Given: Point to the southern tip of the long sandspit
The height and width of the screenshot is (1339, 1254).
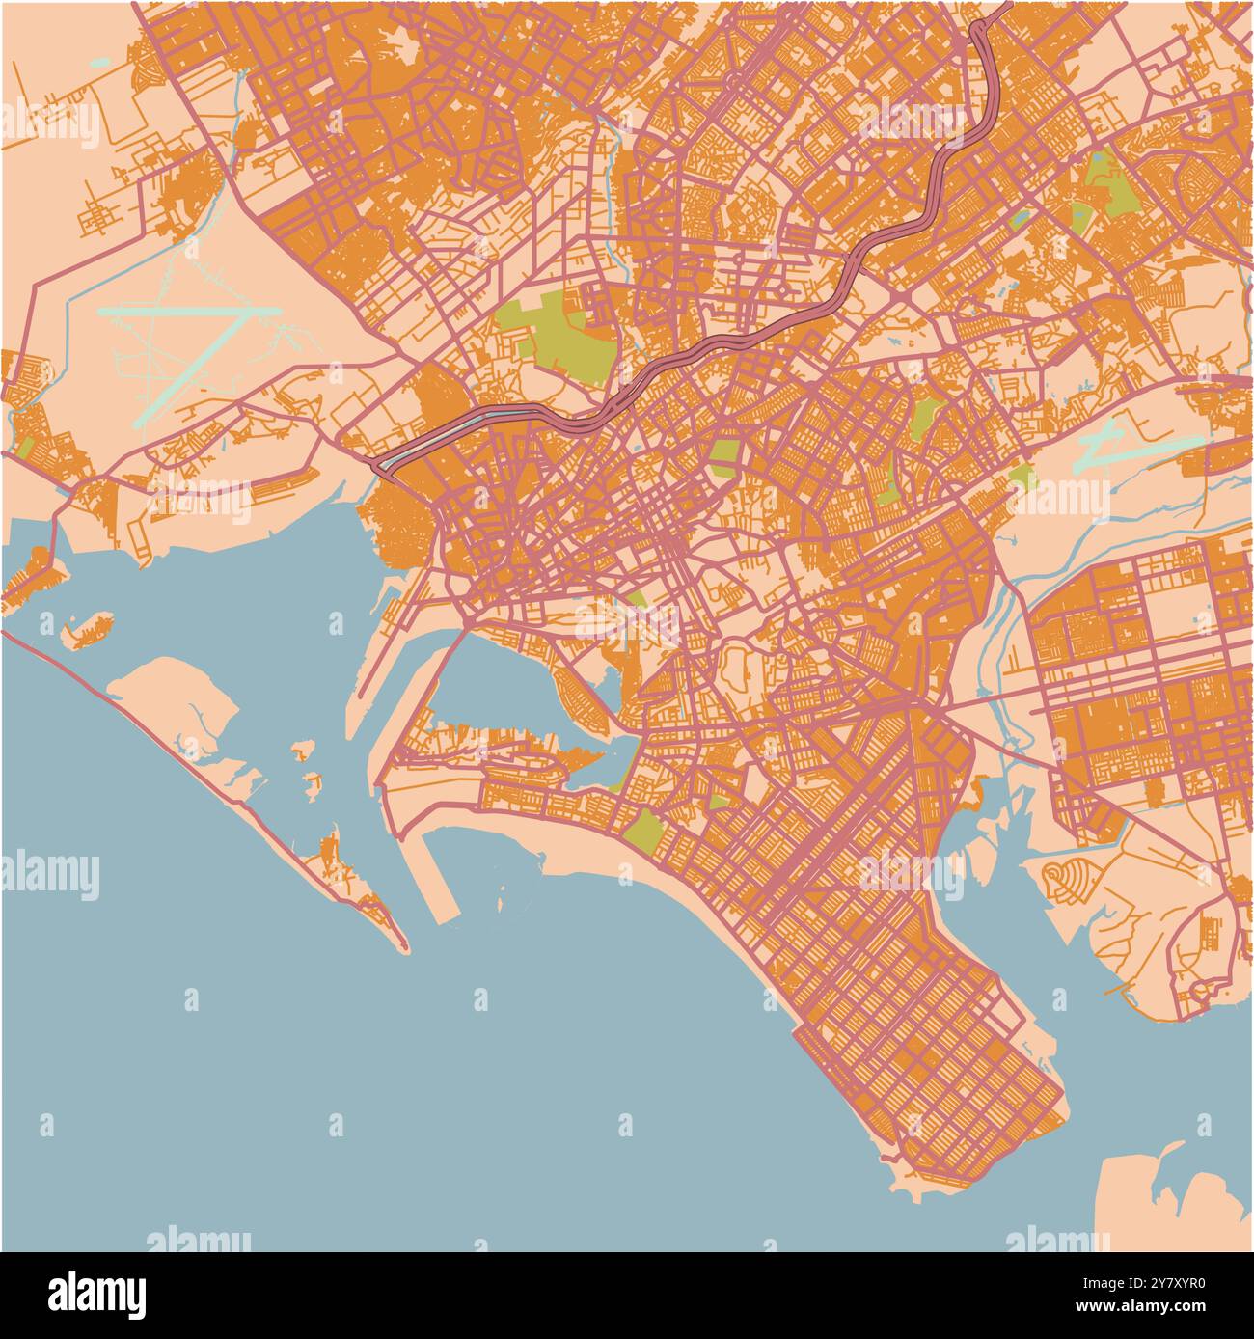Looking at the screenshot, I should (400, 945).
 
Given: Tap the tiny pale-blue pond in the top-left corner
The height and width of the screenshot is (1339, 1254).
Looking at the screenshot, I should (99, 62).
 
